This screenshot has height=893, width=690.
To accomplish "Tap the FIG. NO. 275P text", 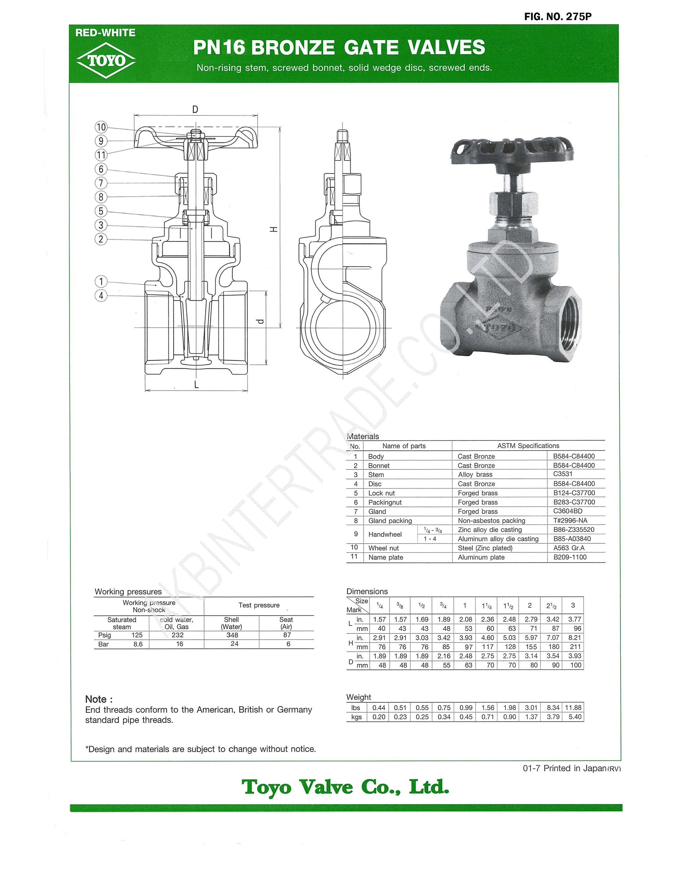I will pyautogui.click(x=558, y=16).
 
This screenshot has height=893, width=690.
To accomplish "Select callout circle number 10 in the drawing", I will pyautogui.click(x=101, y=127).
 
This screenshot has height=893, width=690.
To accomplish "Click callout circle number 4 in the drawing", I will pyautogui.click(x=101, y=295).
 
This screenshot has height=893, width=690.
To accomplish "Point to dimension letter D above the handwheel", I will pyautogui.click(x=195, y=110).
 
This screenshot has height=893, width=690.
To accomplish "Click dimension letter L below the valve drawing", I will pyautogui.click(x=197, y=384).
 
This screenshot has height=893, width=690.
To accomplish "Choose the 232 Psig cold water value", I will pyautogui.click(x=177, y=635).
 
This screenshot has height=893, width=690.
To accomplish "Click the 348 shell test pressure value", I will pyautogui.click(x=232, y=635).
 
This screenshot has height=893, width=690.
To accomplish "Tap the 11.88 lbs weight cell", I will pyautogui.click(x=573, y=708).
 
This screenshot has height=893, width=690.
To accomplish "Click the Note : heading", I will pyautogui.click(x=98, y=699).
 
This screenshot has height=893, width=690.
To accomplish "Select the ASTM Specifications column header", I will pyautogui.click(x=528, y=446).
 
